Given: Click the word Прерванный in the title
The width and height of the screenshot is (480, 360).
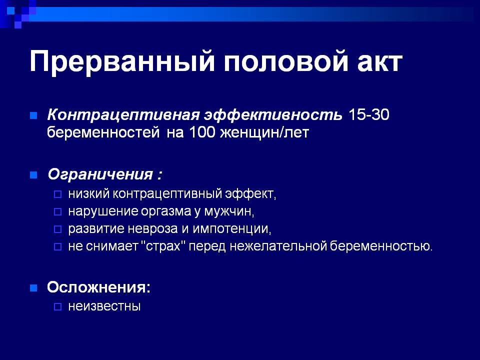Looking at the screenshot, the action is point(122,62).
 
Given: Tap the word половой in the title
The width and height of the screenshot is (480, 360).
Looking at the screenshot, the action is point(286,62).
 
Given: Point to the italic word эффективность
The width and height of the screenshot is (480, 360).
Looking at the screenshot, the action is point(273,115).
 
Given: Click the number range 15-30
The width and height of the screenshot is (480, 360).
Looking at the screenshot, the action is point(368,115).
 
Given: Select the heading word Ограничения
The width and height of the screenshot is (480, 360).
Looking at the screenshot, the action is point(100,175).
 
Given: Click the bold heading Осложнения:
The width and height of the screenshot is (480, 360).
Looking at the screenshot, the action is point(98,287).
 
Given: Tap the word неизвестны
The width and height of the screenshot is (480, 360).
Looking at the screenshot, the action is point(104,306).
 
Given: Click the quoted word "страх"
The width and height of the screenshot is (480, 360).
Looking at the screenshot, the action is point(164,246).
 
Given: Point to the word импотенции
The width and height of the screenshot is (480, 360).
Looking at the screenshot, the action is point(231,229).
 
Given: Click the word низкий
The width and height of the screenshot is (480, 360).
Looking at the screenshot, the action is point(89,194).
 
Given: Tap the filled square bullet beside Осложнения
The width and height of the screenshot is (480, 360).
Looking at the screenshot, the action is point(33,288).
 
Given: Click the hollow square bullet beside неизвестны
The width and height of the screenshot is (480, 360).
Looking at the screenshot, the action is point(57,306).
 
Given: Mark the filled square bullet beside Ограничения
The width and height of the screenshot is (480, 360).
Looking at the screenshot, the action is point(33,175).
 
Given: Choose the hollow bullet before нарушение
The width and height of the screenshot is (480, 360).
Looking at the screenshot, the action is point(57,211).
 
